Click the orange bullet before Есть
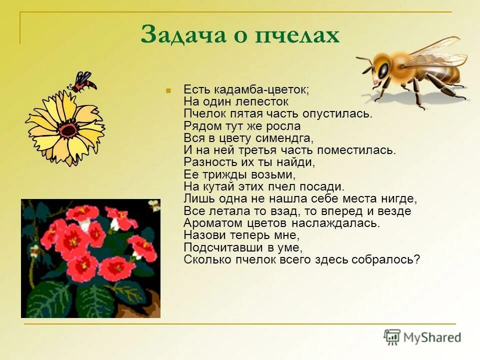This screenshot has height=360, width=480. click(168, 90)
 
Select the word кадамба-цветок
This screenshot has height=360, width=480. click(260, 89)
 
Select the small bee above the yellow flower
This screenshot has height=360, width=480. click(83, 81)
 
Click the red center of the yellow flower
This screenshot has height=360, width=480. click(67, 129)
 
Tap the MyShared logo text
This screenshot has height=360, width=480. click(432, 338)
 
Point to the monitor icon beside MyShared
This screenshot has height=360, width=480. click(392, 337)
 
